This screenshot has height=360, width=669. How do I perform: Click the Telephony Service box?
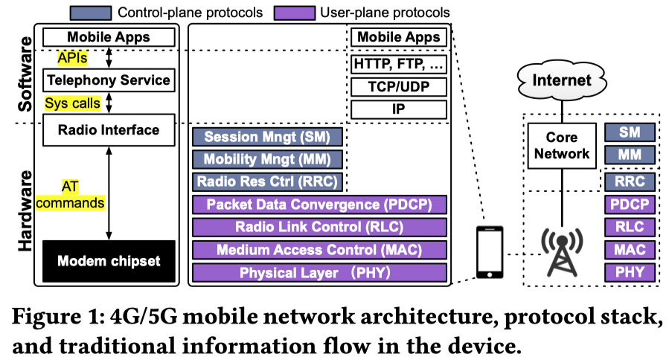[x=109, y=80]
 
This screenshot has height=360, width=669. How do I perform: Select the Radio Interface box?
[x=109, y=130]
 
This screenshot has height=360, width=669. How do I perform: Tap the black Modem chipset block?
[x=109, y=261]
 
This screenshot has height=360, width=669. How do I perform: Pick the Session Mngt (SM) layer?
[x=267, y=137]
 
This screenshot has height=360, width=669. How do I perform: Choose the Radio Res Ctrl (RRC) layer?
[x=267, y=181]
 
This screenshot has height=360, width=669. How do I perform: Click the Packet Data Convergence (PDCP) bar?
[x=319, y=205]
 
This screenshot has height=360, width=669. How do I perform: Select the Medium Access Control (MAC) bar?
[x=319, y=250]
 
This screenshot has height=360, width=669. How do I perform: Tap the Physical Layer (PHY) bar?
[x=319, y=273]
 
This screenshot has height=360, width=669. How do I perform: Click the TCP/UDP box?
[x=399, y=86]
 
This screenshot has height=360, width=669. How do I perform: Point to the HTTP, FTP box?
[x=399, y=64]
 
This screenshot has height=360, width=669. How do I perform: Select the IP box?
[x=399, y=109]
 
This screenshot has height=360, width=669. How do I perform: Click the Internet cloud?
[x=565, y=80]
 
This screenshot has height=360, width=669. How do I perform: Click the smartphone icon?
[x=490, y=253]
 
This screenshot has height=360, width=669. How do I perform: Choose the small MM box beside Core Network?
[x=630, y=155]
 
